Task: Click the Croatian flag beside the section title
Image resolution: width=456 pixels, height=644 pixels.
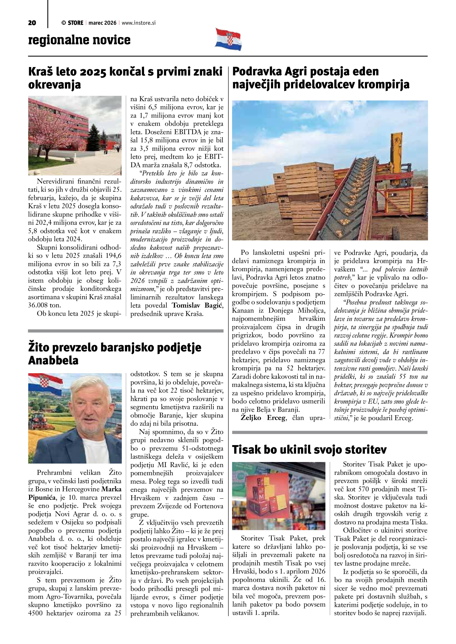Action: click(x=228, y=39)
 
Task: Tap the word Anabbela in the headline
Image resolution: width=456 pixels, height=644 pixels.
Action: click(x=53, y=360)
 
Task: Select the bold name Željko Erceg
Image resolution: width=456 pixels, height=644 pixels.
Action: click(x=263, y=418)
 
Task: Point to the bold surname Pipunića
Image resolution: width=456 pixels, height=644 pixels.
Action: click(x=42, y=497)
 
